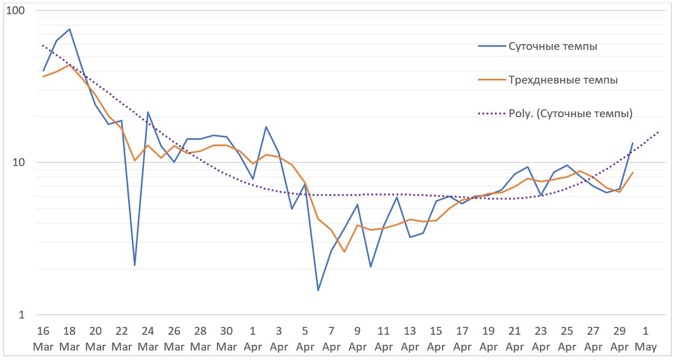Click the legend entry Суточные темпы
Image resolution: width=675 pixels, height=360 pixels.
553,46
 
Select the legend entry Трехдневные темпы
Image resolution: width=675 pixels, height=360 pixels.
563,80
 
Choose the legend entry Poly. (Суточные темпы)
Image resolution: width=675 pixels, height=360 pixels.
570,114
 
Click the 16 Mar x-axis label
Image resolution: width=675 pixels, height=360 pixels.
43,339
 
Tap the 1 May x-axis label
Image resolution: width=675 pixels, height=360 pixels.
646,339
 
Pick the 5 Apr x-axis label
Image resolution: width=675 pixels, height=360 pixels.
305,339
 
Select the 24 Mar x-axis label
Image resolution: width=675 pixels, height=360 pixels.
148,339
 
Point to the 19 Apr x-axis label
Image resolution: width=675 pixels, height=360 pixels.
489,339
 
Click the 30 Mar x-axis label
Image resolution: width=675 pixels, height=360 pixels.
227,339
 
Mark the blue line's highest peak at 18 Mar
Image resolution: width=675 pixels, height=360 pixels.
69,29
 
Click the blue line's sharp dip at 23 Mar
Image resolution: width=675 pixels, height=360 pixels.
135,265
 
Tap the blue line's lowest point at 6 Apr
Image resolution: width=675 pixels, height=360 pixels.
318,290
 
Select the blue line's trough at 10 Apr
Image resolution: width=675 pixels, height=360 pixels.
370,267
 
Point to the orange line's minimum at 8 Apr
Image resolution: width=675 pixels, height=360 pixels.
345,252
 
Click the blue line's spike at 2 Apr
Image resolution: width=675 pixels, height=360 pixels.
266,127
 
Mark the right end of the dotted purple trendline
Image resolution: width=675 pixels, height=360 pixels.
658,132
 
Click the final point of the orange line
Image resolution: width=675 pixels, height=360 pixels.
632,172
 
